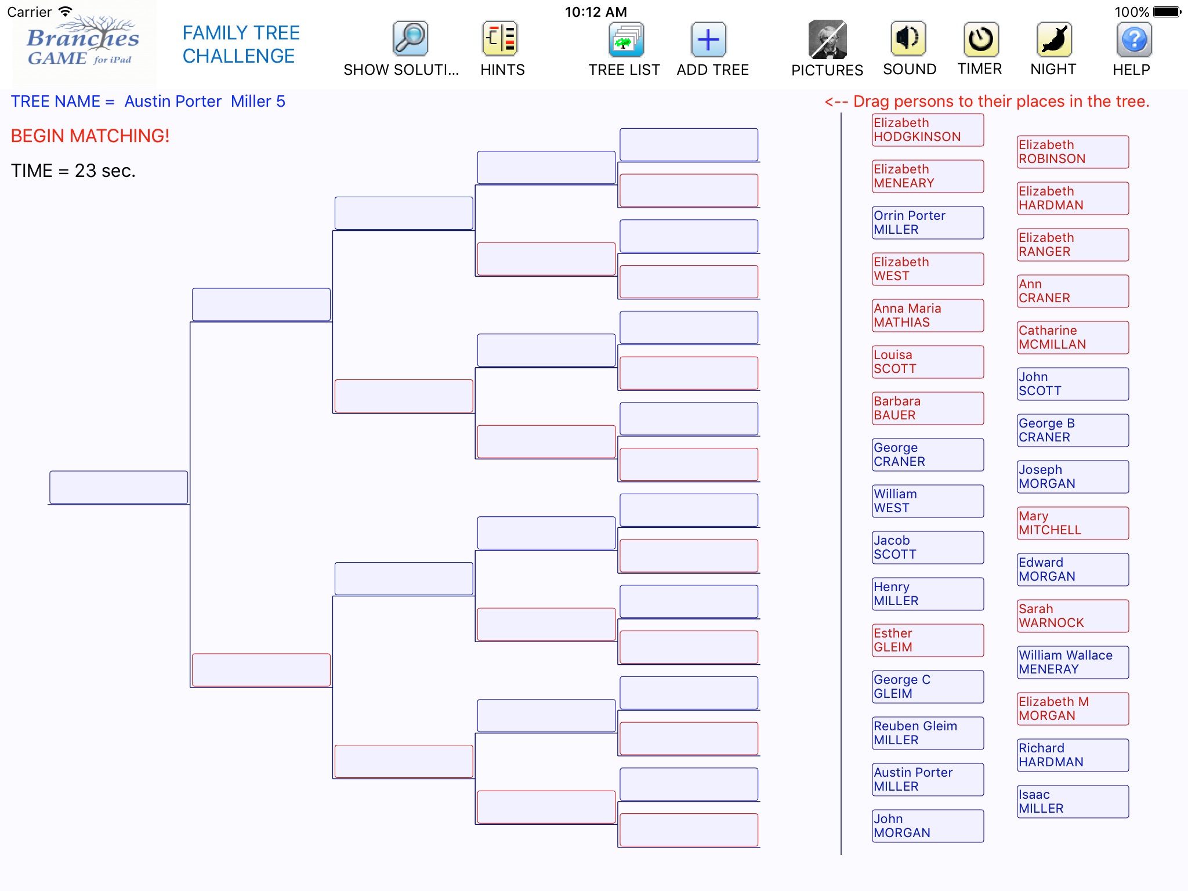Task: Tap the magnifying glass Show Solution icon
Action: click(410, 39)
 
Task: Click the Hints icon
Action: click(500, 39)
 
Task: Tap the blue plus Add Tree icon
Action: click(708, 39)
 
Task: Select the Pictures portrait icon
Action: click(827, 39)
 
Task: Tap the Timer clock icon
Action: click(980, 39)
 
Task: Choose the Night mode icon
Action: click(1054, 39)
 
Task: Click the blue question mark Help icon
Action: click(1133, 39)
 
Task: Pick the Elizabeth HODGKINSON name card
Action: click(928, 130)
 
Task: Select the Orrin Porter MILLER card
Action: click(928, 223)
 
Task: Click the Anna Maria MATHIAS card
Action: click(928, 316)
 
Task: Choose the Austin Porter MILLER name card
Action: click(928, 780)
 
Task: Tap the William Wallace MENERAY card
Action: click(1073, 662)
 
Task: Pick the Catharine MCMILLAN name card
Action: click(1073, 338)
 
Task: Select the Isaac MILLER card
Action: click(1073, 802)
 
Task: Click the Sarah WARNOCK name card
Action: click(1073, 616)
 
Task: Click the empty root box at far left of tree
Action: click(119, 487)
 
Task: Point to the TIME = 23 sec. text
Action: click(73, 171)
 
